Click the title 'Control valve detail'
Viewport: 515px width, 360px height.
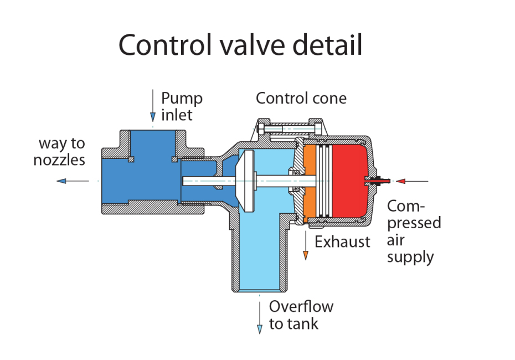[240, 45]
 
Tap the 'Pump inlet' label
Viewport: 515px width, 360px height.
[181, 106]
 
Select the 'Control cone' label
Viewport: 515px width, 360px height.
[301, 99]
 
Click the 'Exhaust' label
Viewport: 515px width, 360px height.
[342, 241]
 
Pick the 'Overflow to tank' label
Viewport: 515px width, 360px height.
[301, 315]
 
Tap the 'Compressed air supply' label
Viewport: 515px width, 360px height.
[413, 232]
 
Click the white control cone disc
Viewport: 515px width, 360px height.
[244, 180]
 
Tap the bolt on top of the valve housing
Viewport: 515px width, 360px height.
[288, 130]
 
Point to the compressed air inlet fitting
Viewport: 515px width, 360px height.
[378, 180]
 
